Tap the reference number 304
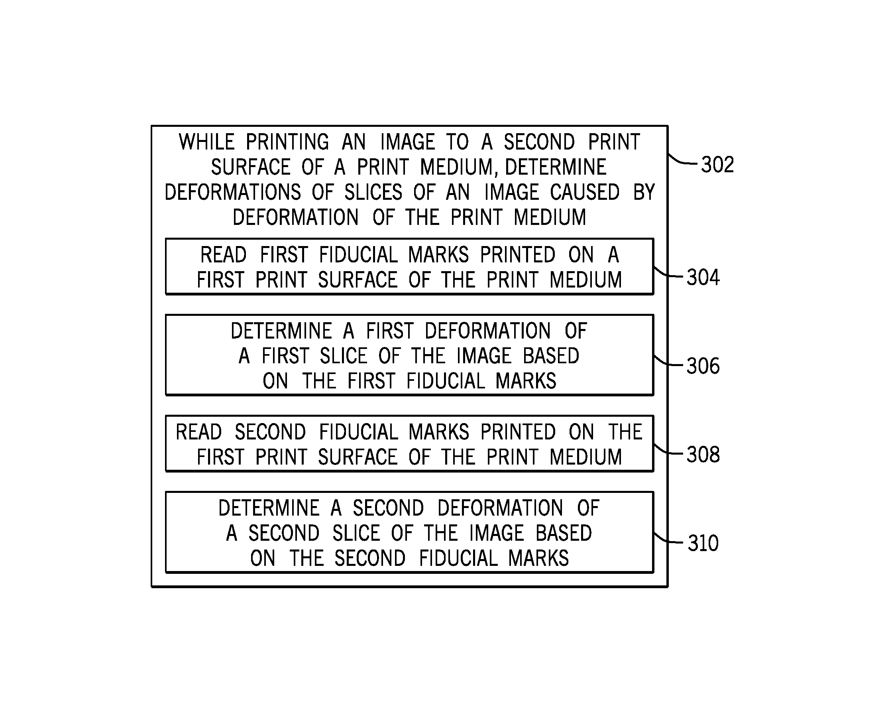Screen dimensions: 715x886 coord(703,277)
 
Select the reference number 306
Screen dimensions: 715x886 coord(703,366)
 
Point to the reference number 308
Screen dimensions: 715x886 coord(703,455)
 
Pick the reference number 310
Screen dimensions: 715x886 coord(703,543)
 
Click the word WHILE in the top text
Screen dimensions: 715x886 coord(206,142)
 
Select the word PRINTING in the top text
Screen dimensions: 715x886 coord(287,142)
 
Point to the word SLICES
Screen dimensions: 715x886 coord(373,192)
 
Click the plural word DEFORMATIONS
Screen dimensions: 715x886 coord(233,192)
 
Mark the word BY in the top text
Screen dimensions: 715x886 coord(644,192)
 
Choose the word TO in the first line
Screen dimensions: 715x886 coord(458,142)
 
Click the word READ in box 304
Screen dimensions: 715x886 coord(223,254)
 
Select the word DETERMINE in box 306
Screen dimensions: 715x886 coord(281,331)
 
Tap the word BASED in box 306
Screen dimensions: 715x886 coord(551,356)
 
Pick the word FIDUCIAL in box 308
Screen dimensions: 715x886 coord(358,432)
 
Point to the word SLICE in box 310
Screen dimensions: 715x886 coord(356,534)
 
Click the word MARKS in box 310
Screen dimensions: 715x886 coord(538,559)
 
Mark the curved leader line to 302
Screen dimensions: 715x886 coord(682,160)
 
